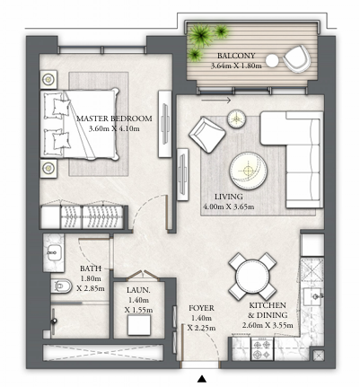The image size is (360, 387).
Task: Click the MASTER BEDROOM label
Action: tap(114, 119)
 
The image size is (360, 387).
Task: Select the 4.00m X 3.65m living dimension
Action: tap(229, 207)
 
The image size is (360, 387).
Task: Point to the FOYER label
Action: tap(201, 308)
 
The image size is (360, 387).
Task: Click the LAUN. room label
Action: tap(138, 290)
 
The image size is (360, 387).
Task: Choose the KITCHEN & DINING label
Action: tap(268, 310)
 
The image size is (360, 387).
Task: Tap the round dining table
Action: tap(252, 276)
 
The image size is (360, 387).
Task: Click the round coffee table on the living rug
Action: tap(249, 171)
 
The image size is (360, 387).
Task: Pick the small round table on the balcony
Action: tap(272, 61)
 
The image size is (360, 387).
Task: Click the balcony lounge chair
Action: tap(296, 58)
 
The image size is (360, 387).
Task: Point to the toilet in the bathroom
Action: tap(61, 286)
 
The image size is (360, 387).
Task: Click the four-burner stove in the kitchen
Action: tap(262, 349)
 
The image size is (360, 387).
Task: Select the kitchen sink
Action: tap(313, 296)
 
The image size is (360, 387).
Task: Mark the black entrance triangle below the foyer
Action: tap(202, 379)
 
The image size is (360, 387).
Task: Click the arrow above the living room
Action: tap(215, 101)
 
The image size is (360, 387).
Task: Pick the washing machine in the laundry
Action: tap(139, 325)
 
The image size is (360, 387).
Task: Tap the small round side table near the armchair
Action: tap(236, 119)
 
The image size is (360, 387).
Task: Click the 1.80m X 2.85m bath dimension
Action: tap(91, 284)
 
